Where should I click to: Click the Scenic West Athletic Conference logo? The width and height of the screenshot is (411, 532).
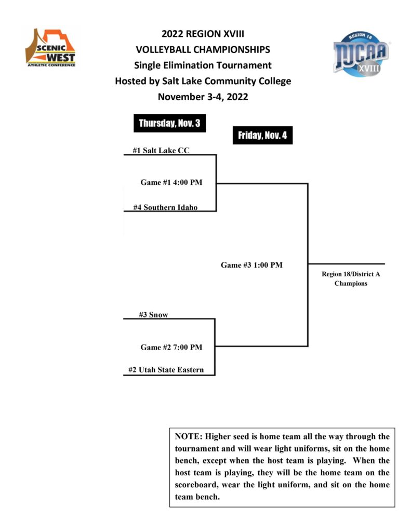[x=50, y=48]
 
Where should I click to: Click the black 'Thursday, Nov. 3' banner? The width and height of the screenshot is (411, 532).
[x=169, y=123]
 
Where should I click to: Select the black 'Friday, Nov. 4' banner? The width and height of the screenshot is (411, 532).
[x=262, y=136]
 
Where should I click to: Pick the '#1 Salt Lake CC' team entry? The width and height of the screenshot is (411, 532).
[x=161, y=150]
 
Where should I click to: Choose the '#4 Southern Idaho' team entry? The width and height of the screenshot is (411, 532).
[x=165, y=207]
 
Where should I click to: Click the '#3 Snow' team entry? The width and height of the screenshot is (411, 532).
[x=153, y=314]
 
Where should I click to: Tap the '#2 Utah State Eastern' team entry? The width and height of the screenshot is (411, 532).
[x=166, y=370]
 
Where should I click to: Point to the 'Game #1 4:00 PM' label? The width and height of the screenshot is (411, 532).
[x=171, y=182]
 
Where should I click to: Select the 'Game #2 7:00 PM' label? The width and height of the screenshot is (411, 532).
[x=171, y=347]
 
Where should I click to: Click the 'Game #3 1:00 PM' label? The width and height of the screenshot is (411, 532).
[x=251, y=265]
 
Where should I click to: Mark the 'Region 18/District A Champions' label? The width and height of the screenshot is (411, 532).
[x=351, y=278]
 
